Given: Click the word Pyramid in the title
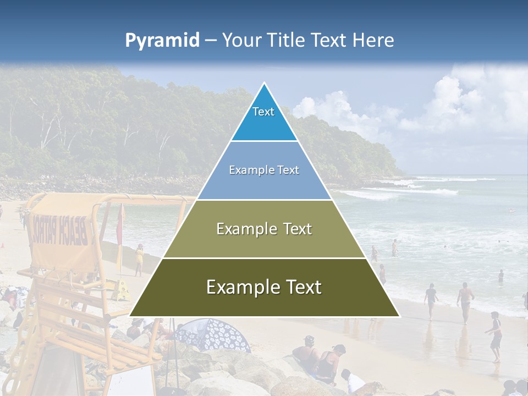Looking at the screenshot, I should [162, 41].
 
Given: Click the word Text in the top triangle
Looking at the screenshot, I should [263, 112].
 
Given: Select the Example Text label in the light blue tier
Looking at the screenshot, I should [264, 170].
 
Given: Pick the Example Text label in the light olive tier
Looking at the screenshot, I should [264, 229].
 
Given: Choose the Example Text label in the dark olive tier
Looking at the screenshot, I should [264, 287].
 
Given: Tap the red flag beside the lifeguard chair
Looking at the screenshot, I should [120, 226].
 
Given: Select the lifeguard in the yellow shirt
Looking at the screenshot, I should [139, 258].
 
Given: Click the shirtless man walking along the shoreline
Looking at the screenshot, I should [465, 300].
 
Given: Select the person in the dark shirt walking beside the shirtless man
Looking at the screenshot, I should [431, 300].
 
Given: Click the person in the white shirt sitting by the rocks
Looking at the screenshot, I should [353, 381].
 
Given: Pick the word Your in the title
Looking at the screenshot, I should [240, 41].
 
